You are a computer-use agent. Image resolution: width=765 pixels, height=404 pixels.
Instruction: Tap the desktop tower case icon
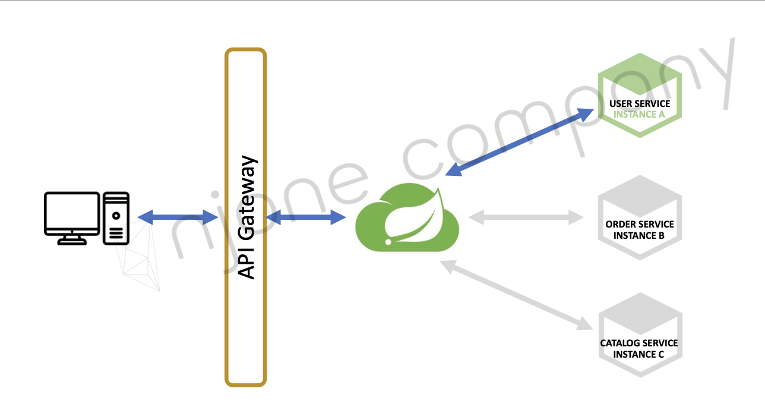coord(116,218)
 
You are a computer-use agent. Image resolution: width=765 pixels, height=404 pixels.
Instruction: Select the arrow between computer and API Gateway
coord(178,217)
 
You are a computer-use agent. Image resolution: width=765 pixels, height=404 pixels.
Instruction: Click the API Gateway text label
coord(246,217)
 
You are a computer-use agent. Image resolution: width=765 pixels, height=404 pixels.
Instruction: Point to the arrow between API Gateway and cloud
coord(306,217)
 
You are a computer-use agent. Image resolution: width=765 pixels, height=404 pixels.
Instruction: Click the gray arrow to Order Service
coord(525,217)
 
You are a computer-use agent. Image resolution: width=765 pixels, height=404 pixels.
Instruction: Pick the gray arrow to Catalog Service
coord(517,295)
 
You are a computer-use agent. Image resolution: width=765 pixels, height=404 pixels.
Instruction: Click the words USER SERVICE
coord(640,104)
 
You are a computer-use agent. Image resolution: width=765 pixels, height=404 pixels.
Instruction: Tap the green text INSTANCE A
coord(639,114)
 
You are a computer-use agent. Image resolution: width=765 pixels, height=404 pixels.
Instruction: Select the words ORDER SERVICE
coord(640,225)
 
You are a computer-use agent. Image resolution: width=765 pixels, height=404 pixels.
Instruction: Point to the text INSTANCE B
coord(639,235)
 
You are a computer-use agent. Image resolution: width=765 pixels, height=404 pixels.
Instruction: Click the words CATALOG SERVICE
coord(639,343)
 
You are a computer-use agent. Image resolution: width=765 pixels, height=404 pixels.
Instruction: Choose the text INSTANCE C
coord(639,354)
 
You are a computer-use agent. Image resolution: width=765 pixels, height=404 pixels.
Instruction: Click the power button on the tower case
coord(116,216)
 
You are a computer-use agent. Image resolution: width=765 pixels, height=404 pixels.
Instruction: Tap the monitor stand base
coord(71,242)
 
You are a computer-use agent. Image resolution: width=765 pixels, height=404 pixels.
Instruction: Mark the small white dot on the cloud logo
coord(388,242)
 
